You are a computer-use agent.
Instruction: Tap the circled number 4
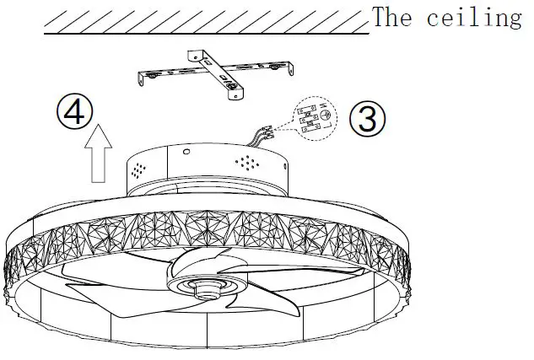[75, 111]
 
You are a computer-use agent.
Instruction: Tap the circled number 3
[367, 119]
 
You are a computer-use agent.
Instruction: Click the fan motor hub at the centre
[206, 287]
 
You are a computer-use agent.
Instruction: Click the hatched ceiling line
[202, 21]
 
